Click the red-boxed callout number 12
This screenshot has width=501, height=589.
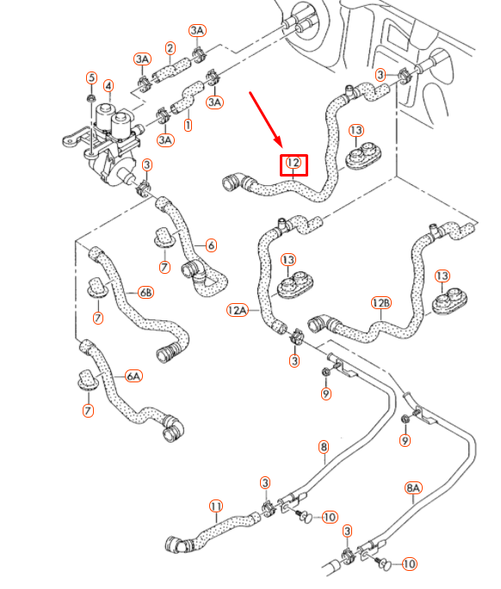coord(294,163)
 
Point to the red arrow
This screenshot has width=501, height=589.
coord(266,117)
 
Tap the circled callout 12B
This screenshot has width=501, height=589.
coord(381,303)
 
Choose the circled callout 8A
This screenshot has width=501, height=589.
coord(413,487)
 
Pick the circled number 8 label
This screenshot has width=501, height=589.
coord(324,447)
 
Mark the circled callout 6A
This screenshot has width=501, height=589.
coord(133,376)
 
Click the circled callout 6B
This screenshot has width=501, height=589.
coord(145,293)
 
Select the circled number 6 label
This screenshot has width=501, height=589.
coord(211,245)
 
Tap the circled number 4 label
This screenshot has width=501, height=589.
coord(108,85)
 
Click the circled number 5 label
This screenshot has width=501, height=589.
coord(91,78)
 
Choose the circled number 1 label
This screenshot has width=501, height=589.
coord(188,125)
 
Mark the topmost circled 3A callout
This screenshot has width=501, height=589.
coord(197,31)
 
